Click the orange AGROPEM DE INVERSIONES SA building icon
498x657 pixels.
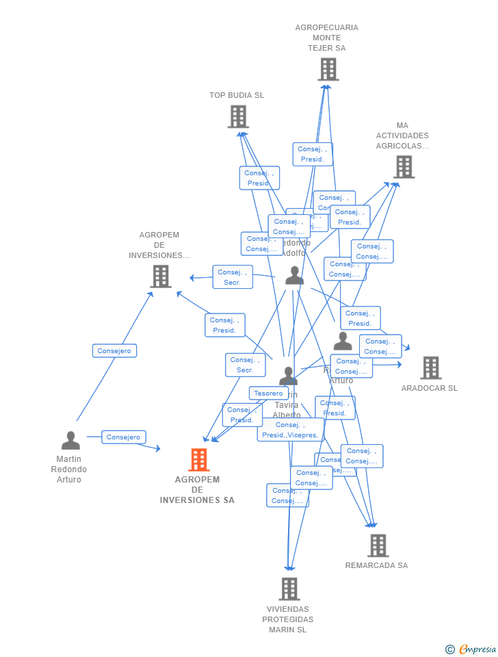[x=199, y=460]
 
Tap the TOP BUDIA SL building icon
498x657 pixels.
[x=238, y=117]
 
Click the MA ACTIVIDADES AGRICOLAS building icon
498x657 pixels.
[x=404, y=166]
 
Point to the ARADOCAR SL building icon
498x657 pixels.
[x=430, y=368]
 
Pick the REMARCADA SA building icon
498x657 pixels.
[x=378, y=545]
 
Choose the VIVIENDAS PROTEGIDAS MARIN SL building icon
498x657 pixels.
[x=289, y=589]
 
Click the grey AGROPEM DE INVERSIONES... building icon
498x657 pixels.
[x=161, y=276]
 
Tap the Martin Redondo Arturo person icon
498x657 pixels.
[x=70, y=440]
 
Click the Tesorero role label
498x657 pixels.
[x=268, y=393]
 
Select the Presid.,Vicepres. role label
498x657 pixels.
[x=291, y=430]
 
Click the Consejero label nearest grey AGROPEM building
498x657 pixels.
[x=114, y=351]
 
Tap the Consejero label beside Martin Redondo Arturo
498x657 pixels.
[x=124, y=437]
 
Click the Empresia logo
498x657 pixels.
[x=477, y=649]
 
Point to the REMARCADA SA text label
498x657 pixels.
[x=376, y=565]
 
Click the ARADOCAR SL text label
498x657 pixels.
[x=430, y=388]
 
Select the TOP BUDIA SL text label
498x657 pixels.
[x=237, y=95]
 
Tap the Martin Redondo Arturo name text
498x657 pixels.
[x=69, y=469]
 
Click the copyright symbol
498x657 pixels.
[x=449, y=649]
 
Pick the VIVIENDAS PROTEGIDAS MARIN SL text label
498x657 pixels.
[x=288, y=619]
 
